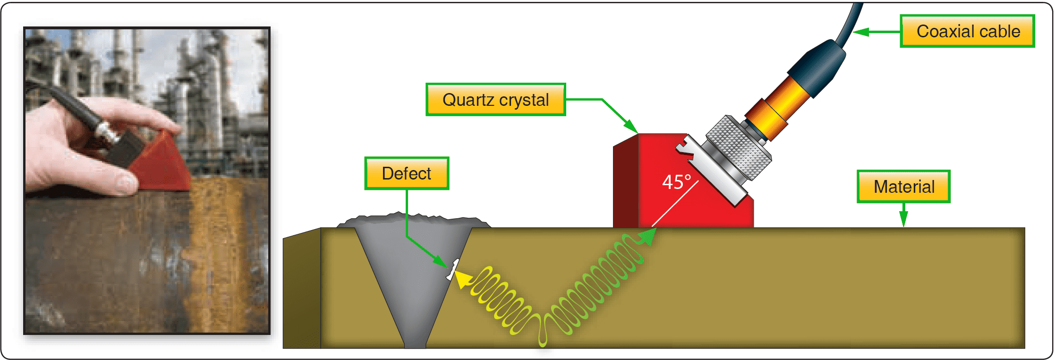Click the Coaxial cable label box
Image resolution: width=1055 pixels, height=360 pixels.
(967, 31)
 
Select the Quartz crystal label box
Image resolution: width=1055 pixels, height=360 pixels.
(495, 100)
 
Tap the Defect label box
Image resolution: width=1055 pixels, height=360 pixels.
(406, 173)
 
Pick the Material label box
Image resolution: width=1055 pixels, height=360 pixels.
(903, 187)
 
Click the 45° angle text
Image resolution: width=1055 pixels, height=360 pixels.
(676, 182)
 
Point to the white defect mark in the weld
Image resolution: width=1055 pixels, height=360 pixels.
(452, 270)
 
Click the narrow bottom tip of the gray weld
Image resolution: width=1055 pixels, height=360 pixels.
(415, 343)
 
